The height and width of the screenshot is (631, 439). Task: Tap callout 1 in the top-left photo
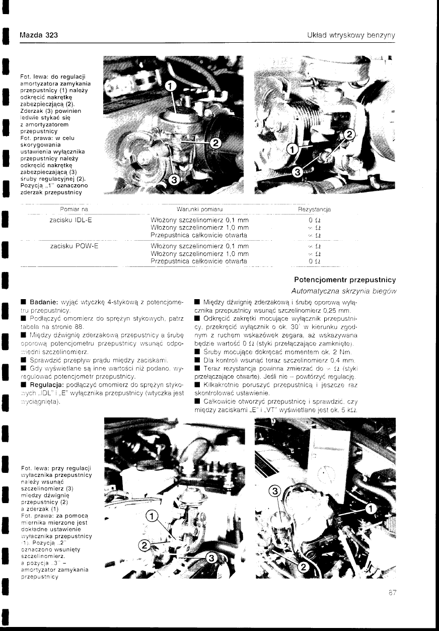[171, 86]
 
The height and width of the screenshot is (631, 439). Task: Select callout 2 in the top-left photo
[215, 143]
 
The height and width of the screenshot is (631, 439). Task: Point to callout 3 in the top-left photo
[173, 180]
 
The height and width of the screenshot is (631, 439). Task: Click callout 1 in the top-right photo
[291, 149]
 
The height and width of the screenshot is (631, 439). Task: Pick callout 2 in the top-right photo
[348, 134]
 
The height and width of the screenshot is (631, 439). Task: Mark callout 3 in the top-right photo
[298, 172]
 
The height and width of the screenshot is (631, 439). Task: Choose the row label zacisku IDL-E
[71, 220]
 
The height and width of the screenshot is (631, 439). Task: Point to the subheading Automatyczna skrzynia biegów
[343, 291]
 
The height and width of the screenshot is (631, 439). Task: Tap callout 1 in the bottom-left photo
[150, 515]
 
